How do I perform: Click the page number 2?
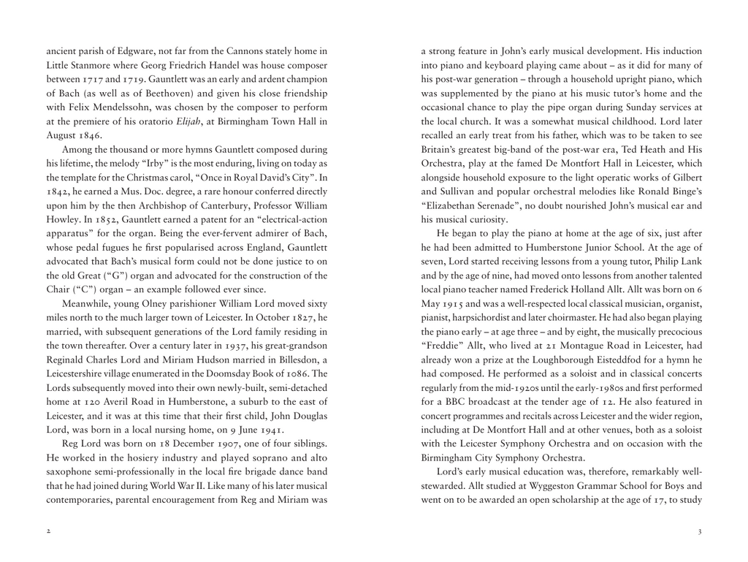tap(48, 531)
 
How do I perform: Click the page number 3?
tap(699, 531)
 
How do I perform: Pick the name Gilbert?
tap(684, 178)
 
